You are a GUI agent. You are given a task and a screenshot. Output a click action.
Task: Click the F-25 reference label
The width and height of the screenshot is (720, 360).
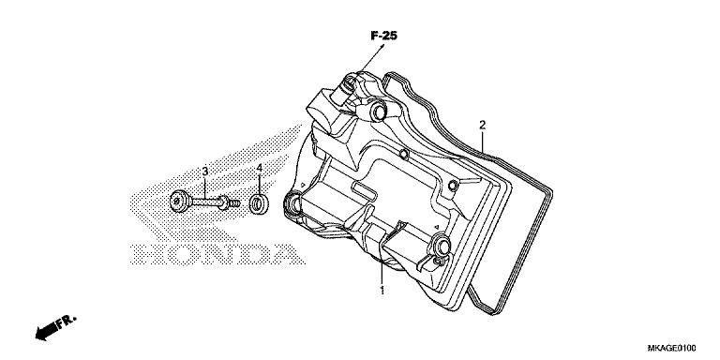[384, 36]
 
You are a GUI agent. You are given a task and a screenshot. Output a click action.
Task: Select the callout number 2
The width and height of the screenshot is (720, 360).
[482, 124]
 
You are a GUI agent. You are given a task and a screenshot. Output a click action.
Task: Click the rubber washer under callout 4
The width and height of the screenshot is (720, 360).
[257, 202]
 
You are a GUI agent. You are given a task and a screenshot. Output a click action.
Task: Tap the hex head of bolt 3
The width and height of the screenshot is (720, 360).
[179, 200]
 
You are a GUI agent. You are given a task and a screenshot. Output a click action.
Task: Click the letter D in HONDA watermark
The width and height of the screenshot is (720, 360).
[247, 254]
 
